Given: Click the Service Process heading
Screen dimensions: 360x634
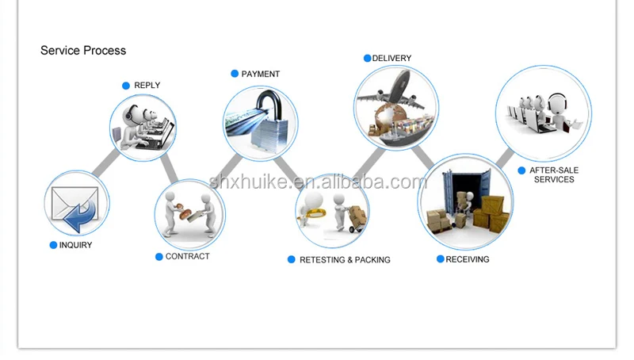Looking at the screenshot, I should [x=83, y=50].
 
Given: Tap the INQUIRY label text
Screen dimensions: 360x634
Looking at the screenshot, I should [x=75, y=245].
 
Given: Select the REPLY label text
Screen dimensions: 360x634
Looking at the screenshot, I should [x=147, y=85].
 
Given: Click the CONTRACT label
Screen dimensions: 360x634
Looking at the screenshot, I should [x=187, y=256].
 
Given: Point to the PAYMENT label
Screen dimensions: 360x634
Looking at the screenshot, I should [x=260, y=74].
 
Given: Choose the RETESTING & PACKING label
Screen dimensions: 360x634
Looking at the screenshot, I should [x=345, y=259].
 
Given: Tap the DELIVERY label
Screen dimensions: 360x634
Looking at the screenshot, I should [x=391, y=58].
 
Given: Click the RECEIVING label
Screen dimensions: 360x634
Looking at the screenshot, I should [x=467, y=259].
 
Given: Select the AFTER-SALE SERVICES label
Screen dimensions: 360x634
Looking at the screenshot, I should [x=553, y=174].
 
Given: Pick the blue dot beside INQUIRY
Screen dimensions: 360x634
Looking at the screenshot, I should [x=53, y=245].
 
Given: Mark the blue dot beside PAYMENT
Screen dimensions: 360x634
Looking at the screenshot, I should [x=235, y=74].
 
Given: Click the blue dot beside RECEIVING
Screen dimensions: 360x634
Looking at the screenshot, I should [x=440, y=259].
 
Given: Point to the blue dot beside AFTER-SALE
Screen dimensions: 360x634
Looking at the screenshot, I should [x=521, y=170].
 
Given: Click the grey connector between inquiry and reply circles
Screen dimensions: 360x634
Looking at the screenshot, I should [x=104, y=163].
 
